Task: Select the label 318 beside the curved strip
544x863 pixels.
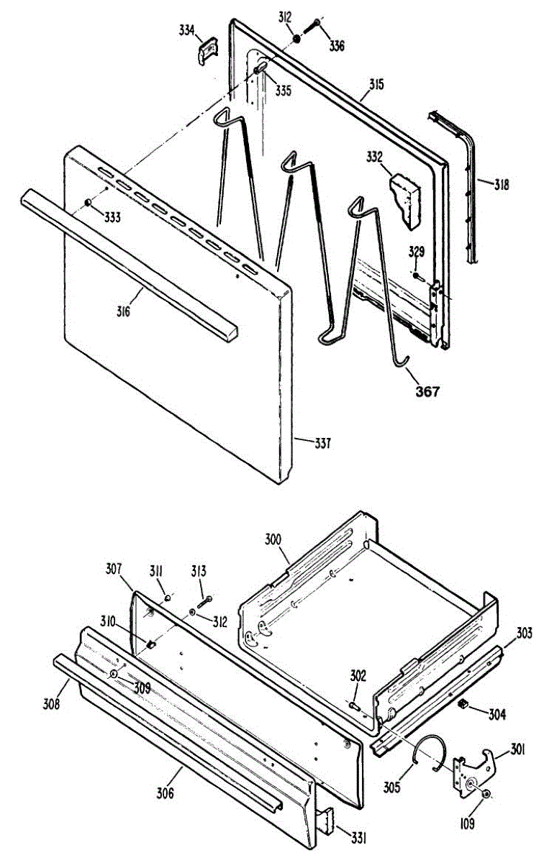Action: coord(502,185)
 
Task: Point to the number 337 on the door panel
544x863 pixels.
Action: coord(322,444)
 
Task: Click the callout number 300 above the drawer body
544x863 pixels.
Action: coord(273,539)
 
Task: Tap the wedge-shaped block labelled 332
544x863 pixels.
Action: coord(406,199)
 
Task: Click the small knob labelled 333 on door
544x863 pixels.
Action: coord(89,203)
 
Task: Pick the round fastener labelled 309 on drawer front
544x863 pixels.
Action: coord(114,674)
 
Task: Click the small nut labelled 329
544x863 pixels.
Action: coord(416,275)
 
